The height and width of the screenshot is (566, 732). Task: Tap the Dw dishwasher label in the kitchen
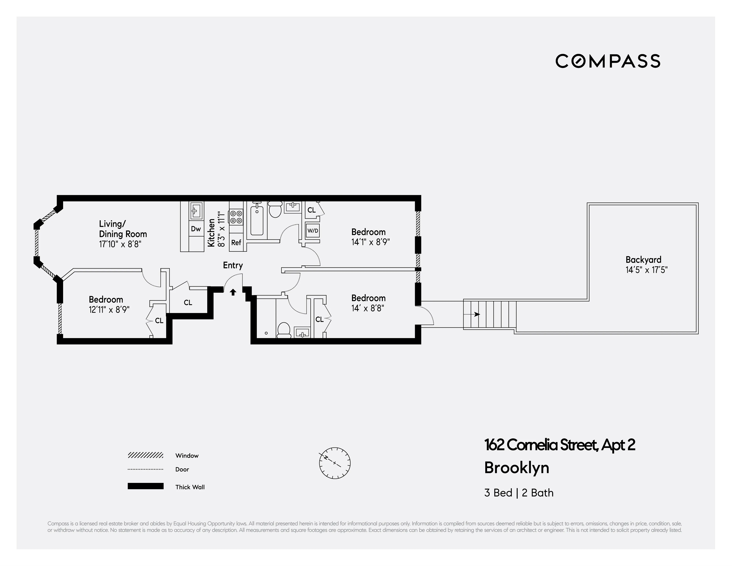(x=196, y=229)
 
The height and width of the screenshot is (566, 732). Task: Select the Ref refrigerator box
(x=236, y=242)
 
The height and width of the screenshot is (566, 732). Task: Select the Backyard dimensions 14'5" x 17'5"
(x=646, y=270)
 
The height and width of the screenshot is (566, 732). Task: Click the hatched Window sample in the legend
(x=145, y=455)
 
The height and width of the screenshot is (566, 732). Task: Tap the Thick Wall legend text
(x=190, y=487)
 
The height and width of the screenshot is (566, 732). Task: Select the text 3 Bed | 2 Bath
(x=519, y=493)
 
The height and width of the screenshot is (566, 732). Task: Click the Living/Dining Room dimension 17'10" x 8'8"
(x=120, y=244)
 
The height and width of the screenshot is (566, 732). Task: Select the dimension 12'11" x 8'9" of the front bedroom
(x=109, y=309)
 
